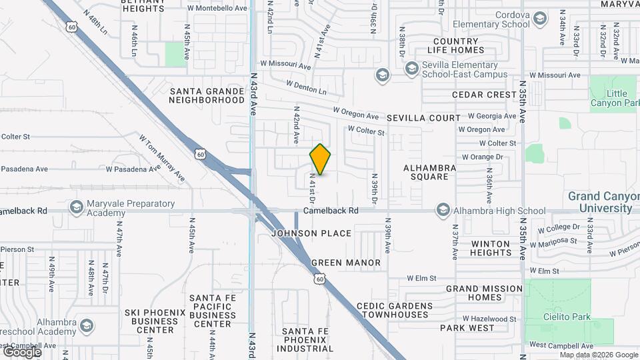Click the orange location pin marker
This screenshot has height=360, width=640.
click(x=321, y=159)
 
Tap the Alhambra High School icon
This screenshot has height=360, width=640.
click(x=442, y=211)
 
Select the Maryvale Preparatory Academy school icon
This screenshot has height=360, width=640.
click(x=76, y=208)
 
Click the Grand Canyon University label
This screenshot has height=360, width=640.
click(x=600, y=202)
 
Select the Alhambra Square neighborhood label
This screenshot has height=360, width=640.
click(x=430, y=172)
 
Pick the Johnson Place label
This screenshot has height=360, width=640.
click(x=311, y=233)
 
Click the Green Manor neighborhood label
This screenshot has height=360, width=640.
click(x=346, y=263)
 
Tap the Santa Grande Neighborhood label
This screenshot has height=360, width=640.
click(x=207, y=95)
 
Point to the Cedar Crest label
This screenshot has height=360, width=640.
click(x=484, y=95)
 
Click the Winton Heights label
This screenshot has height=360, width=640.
click(x=490, y=248)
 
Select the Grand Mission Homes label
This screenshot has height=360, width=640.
click(x=484, y=293)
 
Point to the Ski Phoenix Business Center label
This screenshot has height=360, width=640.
click(x=150, y=321)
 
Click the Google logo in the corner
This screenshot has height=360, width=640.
click(x=22, y=351)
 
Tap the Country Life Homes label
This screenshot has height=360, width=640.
click(x=459, y=45)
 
